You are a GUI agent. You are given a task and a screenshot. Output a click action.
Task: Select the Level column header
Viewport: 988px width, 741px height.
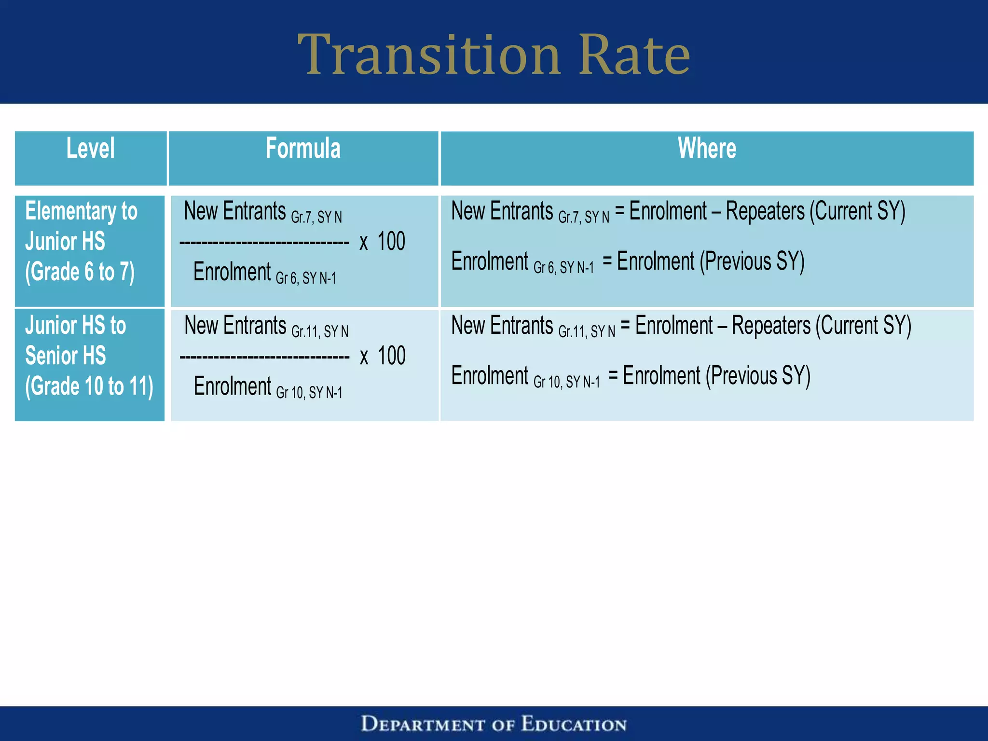91,148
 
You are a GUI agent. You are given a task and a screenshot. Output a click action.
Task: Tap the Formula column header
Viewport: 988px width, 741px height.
303,148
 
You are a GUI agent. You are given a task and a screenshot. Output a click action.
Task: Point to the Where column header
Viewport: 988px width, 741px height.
707,148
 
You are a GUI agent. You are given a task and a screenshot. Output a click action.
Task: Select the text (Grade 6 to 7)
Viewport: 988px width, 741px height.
80,272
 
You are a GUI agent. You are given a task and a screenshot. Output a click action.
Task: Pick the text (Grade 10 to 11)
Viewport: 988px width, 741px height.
89,386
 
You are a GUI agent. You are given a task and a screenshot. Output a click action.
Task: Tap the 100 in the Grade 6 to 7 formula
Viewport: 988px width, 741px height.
391,241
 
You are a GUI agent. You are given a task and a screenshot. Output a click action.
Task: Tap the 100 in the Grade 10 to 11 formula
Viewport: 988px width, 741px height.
391,356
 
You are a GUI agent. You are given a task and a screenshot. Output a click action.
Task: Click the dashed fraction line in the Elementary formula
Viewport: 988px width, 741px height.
264,243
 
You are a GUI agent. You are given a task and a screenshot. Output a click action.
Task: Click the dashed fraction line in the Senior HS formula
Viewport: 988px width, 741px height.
264,357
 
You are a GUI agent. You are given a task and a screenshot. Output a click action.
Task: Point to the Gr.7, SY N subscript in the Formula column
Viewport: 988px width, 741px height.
316,217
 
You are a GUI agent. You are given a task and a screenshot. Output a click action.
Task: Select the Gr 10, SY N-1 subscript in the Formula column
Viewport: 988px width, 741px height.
309,393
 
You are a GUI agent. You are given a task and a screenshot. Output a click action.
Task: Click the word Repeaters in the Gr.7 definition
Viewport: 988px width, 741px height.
765,211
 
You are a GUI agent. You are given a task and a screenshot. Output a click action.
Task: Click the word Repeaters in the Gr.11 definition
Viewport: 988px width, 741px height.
771,326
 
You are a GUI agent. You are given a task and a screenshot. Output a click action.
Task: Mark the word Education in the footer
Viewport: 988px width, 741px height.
574,724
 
